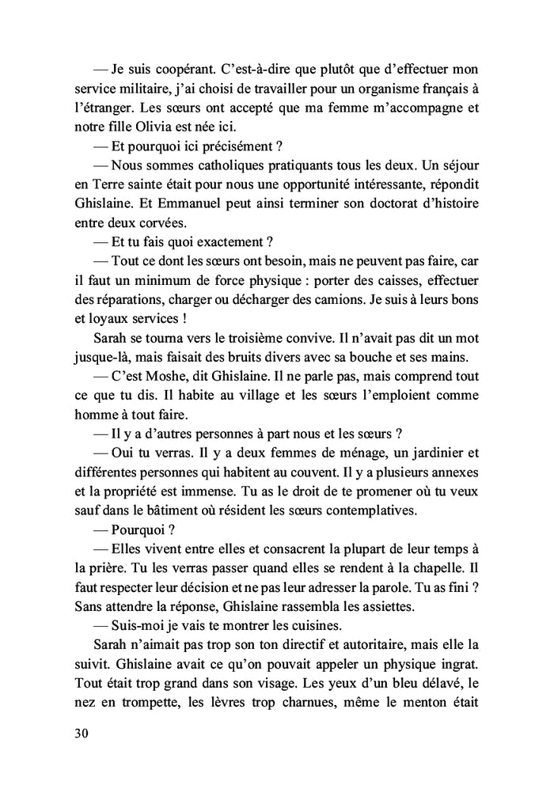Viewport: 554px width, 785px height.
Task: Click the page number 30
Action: click(x=79, y=733)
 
